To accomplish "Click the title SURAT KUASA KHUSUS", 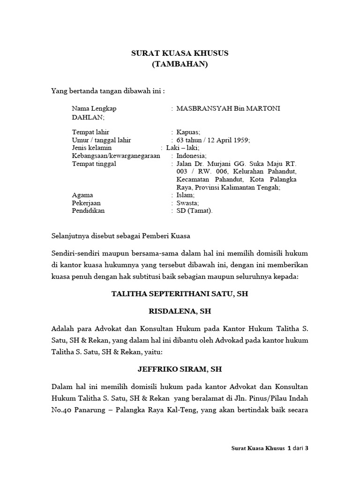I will (x=180, y=53).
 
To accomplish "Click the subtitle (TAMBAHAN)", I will (x=180, y=64).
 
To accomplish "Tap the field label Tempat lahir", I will (x=90, y=132).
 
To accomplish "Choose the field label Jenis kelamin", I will (x=92, y=148).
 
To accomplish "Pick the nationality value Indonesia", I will (x=191, y=156).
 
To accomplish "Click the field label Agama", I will (x=82, y=195).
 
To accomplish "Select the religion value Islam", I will (x=185, y=195).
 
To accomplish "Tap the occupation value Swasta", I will (x=187, y=203).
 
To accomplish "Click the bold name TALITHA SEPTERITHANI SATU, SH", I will (x=180, y=294).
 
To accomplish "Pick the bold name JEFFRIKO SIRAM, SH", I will (x=180, y=369).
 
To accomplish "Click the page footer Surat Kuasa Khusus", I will (x=258, y=448).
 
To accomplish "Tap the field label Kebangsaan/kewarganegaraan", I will (x=116, y=156).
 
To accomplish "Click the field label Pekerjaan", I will (x=86, y=203).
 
